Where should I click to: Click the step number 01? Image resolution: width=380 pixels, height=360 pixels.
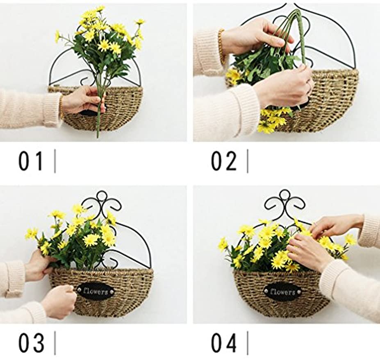pos(30,161)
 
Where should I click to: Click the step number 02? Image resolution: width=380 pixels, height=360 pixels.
pos(224,161)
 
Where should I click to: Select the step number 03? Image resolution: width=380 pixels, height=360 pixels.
pos(31,343)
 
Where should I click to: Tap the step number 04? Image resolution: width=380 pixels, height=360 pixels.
pos(224,343)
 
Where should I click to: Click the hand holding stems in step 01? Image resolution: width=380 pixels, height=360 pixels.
pos(82,100)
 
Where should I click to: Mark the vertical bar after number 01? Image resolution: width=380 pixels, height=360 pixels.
pos(55,161)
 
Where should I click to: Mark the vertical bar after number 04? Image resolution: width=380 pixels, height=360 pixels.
pos(247,343)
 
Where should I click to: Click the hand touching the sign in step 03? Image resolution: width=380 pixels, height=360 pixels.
pos(59,301)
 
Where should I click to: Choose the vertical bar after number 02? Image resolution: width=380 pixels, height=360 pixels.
pos(247,161)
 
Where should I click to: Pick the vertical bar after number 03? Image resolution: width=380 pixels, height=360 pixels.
pos(55,343)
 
